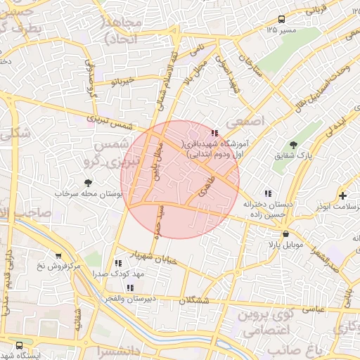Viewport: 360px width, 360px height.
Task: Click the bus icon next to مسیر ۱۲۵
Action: pos(281,20)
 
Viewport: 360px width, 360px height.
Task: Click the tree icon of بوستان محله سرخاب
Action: pos(87,183)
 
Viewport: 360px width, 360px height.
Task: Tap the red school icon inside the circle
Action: pos(214,132)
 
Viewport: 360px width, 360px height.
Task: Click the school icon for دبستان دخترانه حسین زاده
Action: pos(267,193)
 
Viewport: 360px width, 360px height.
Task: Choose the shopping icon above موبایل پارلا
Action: pos(285,233)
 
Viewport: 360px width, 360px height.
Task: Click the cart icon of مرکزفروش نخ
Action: pos(58,257)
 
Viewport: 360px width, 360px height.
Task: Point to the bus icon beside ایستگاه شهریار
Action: pos(18,345)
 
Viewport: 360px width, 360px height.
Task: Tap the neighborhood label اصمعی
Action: pos(246,121)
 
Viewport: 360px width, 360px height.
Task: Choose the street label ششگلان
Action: pos(194,300)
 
